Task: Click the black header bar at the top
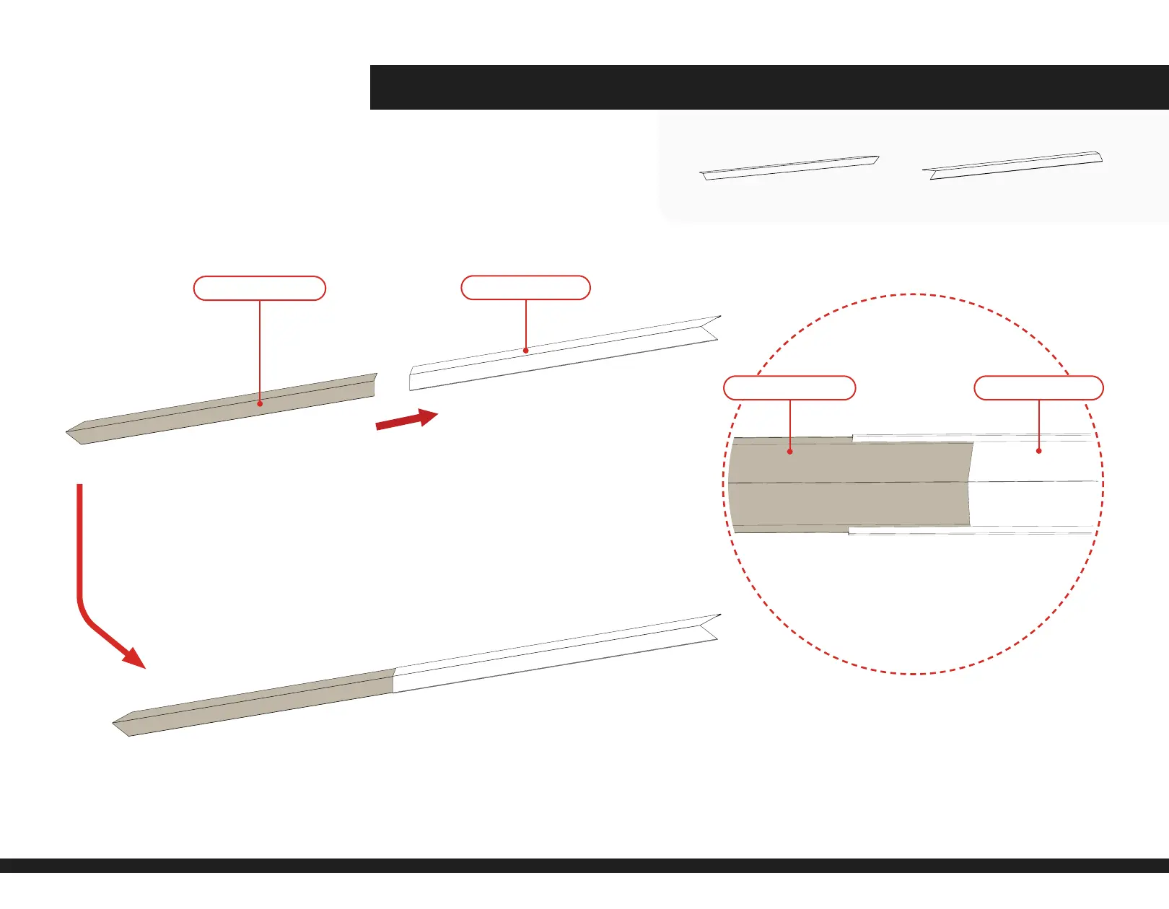coord(769,87)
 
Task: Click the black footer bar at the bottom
coord(584,865)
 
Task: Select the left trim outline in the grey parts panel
coord(789,167)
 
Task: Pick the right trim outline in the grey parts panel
coord(1012,165)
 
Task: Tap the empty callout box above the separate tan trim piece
coord(260,288)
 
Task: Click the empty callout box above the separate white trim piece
coord(525,287)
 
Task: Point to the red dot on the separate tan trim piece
coord(260,403)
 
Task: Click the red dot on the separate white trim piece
coord(526,351)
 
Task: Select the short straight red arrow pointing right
coord(406,420)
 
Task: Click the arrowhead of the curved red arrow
coord(133,657)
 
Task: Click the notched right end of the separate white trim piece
coord(711,328)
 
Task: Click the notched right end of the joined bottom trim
coord(711,627)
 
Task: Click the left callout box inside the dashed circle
coord(789,387)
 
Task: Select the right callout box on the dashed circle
coord(1038,387)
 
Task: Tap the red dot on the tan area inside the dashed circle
coord(790,452)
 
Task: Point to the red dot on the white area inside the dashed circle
coord(1039,451)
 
